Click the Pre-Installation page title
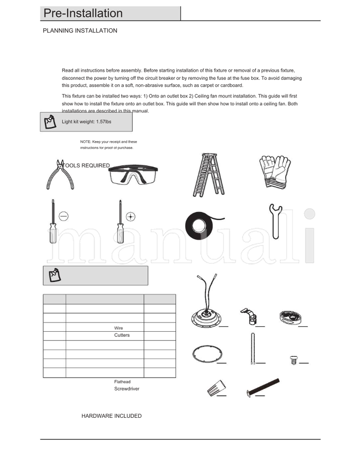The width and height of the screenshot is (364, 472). (83, 14)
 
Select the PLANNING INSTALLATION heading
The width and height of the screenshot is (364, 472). (80, 31)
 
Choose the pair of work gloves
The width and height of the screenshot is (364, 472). (274, 171)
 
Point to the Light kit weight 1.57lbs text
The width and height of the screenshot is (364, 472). (86, 122)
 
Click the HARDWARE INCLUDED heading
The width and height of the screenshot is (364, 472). (111, 416)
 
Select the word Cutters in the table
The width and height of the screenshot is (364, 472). (122, 335)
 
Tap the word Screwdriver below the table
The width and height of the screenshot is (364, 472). (126, 389)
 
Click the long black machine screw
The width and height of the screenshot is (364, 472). (263, 386)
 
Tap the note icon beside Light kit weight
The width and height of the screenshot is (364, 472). (50, 122)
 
